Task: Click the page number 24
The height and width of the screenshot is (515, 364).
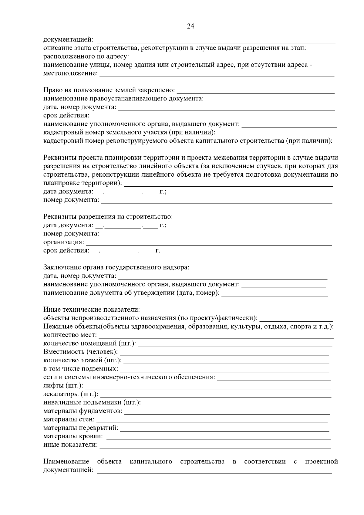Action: coord(190,26)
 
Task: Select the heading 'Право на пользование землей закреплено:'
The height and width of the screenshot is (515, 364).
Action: coord(109,90)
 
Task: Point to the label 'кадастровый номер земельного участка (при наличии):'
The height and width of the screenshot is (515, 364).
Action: coord(130,132)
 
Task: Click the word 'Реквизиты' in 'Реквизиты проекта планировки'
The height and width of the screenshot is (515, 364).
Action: coord(60,158)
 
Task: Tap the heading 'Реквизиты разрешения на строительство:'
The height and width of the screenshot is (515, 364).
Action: coord(108,217)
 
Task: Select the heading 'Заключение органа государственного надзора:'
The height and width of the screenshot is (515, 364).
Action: coord(116,268)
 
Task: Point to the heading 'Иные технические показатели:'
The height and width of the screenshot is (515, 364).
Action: coord(92,310)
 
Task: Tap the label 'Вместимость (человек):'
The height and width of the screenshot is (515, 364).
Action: coord(81,352)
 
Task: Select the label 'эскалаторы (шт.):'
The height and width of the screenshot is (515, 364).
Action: coord(71,394)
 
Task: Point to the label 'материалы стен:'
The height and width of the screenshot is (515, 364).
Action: coord(69,420)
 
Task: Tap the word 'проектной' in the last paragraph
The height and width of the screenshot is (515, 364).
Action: coord(321,462)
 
